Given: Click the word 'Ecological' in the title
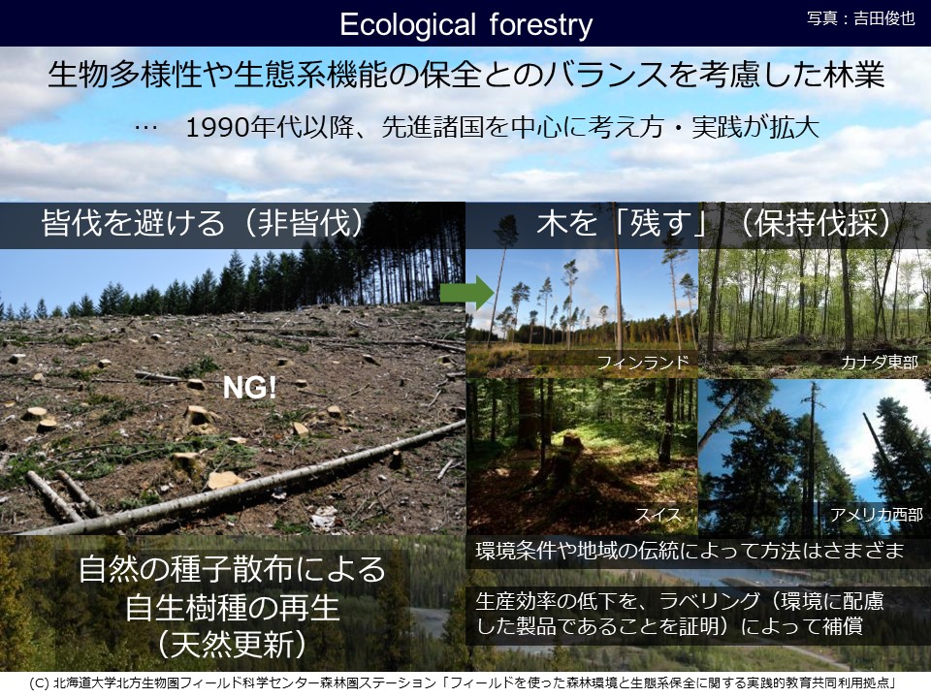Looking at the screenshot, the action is [408, 25].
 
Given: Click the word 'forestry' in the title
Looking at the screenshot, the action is [541, 25].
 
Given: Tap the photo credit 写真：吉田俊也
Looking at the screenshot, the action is [861, 18].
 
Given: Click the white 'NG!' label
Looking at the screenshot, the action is [249, 388].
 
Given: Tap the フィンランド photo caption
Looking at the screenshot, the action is [643, 362].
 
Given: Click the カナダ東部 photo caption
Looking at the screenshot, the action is [880, 362].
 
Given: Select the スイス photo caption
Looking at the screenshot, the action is [658, 514].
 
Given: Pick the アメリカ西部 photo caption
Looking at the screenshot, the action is [877, 514].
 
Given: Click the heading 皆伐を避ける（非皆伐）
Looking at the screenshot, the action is [203, 223].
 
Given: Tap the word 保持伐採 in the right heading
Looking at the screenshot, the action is [817, 223].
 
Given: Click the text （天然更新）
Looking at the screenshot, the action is [232, 644].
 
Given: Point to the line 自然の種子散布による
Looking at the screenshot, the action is [232, 569].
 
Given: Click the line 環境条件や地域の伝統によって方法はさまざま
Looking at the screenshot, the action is [690, 551].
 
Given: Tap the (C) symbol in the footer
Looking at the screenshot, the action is [39, 683].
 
